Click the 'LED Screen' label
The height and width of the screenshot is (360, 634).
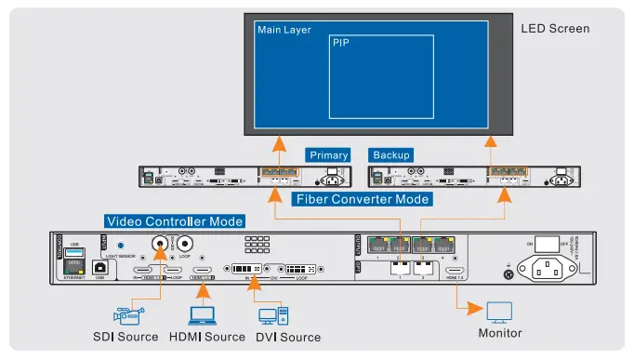pyautogui.click(x=555, y=28)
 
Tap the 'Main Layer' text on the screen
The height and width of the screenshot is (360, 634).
pyautogui.click(x=284, y=30)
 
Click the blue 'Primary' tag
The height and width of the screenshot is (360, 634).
pyautogui.click(x=328, y=154)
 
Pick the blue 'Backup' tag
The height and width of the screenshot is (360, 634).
pyautogui.click(x=390, y=154)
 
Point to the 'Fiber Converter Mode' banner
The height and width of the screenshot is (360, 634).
pyautogui.click(x=362, y=199)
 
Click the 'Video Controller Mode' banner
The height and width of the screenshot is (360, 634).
pyautogui.click(x=175, y=221)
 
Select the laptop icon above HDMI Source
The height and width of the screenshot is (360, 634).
pyautogui.click(x=202, y=314)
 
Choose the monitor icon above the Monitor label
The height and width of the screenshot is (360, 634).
pyautogui.click(x=499, y=311)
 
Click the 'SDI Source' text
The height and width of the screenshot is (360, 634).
pyautogui.click(x=125, y=337)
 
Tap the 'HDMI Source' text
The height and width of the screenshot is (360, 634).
pyautogui.click(x=207, y=337)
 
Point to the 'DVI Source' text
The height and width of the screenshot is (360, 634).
pyautogui.click(x=288, y=337)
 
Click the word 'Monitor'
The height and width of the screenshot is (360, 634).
pyautogui.click(x=499, y=333)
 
